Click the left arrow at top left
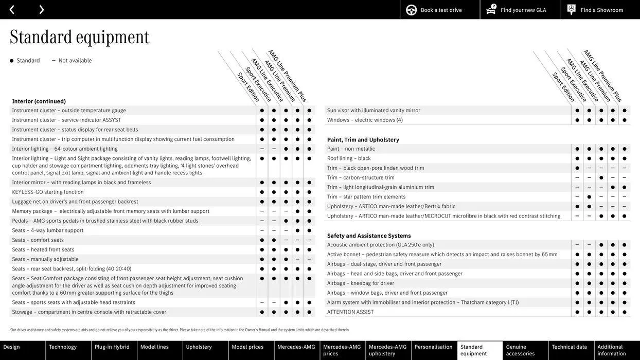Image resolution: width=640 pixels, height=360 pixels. coord(12,10)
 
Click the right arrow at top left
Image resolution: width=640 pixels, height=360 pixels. coord(41,10)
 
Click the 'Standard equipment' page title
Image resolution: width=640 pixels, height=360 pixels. coord(80,37)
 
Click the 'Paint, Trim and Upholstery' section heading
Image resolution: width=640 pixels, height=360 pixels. coord(363,140)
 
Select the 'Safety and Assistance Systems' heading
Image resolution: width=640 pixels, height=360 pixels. coord(369,236)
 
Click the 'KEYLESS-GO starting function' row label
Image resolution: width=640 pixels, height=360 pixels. coord(48,192)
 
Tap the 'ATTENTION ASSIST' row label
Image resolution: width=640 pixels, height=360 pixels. coord(350,312)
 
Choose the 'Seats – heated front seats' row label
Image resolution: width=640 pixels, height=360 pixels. coord(43,250)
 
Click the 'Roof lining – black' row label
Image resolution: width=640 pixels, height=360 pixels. coord(349,158)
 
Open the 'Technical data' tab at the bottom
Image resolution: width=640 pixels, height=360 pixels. coord(569,347)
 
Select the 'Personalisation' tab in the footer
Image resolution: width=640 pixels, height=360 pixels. coord(433,347)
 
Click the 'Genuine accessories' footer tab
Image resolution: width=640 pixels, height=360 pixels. coord(520,350)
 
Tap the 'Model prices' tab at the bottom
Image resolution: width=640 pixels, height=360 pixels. coord(247,347)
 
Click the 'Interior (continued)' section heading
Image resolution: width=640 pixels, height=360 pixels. coord(39,101)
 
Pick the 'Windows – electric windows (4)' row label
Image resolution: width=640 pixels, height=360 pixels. coord(365,120)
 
